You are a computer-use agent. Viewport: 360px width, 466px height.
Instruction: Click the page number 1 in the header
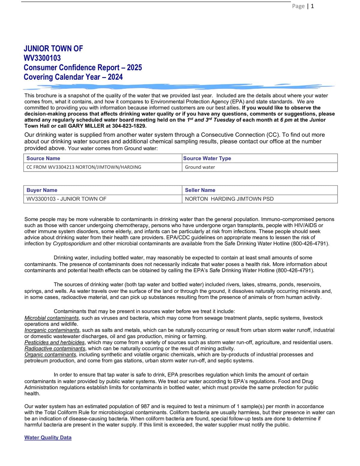tap(312, 6)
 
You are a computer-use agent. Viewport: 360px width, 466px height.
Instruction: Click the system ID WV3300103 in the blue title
tap(42, 58)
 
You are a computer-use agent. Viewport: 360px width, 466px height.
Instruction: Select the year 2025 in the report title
tap(134, 68)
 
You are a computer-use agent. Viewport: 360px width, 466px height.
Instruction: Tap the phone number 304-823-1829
tap(129, 126)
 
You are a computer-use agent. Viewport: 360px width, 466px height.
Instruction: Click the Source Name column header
tap(43, 158)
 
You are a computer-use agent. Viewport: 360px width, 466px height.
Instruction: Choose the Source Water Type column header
tap(207, 158)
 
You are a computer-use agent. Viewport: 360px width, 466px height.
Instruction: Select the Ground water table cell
tap(200, 167)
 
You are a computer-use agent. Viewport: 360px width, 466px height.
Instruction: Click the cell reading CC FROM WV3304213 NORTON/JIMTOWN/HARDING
tap(84, 167)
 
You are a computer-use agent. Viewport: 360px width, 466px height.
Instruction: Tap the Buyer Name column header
tap(42, 190)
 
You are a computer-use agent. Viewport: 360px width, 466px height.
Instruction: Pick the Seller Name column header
tap(200, 190)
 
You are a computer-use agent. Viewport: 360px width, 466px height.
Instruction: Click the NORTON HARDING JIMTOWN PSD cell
tap(229, 199)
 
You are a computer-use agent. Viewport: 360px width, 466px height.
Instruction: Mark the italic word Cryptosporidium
tap(72, 244)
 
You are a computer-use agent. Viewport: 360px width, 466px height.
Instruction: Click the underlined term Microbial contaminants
tap(52, 318)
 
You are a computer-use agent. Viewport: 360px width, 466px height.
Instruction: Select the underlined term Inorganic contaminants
tap(52, 330)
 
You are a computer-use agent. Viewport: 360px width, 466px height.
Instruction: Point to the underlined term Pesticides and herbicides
tap(55, 342)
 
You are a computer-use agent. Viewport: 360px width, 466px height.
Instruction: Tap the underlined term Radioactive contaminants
tap(55, 349)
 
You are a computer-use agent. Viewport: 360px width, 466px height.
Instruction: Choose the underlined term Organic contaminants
tap(50, 355)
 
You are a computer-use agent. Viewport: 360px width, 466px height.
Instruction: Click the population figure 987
tap(145, 407)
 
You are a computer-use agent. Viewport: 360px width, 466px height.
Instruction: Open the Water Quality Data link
tap(48, 438)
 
